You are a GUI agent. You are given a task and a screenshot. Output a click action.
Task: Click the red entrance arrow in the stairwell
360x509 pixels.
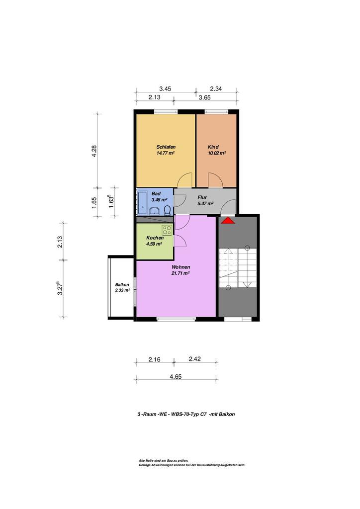(x=228, y=220)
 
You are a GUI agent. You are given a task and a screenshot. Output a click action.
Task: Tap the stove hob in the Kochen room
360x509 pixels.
(x=167, y=230)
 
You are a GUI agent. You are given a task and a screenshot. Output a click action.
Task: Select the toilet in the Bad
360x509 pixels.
(x=167, y=210)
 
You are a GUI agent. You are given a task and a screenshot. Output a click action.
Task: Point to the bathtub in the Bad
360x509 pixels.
(x=142, y=202)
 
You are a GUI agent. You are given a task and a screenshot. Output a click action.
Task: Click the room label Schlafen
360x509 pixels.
(x=166, y=147)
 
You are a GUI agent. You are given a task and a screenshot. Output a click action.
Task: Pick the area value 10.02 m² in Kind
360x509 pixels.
(x=217, y=153)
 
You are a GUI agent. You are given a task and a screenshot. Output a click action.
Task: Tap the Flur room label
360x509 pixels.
(x=202, y=197)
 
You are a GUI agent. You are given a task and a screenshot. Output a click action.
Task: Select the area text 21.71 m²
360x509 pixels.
(x=180, y=273)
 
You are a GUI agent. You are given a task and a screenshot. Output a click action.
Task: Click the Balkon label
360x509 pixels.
(x=122, y=285)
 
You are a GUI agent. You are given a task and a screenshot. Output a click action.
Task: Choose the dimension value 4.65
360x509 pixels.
(x=176, y=377)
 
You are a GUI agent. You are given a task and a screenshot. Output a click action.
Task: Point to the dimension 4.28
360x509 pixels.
(x=94, y=151)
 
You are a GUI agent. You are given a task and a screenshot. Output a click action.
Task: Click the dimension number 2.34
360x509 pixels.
(x=216, y=88)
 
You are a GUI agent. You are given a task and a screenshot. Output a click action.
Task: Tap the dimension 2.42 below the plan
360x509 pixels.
(x=195, y=359)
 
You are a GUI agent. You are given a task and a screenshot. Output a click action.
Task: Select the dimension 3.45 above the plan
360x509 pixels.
(x=165, y=88)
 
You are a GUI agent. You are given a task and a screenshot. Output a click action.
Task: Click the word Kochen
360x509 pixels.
(x=155, y=238)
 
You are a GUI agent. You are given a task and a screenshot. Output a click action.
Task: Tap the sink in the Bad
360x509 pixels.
(x=154, y=211)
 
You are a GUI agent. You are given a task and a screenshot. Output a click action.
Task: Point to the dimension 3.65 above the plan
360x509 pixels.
(x=204, y=97)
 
